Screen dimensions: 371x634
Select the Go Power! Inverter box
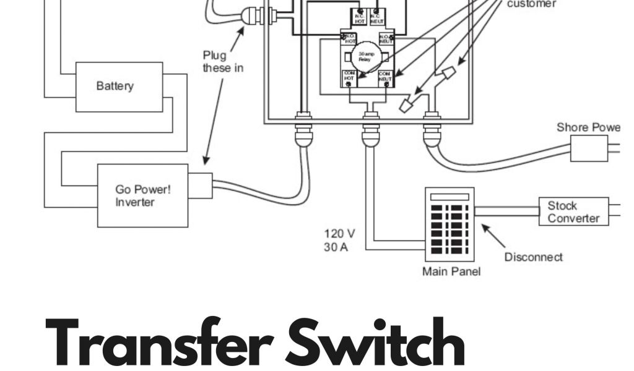point(142,195)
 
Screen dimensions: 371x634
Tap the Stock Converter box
point(573,211)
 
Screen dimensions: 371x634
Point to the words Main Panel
point(450,271)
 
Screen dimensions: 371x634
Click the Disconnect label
point(533,257)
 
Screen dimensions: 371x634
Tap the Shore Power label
point(588,127)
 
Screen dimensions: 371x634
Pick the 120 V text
point(339,234)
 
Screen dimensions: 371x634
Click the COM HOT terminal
point(349,78)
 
